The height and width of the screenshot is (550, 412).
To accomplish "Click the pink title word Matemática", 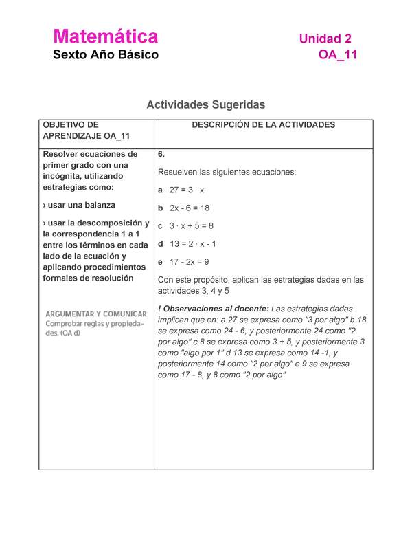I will coord(106,36).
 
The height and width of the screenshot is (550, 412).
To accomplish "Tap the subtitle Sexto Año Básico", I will coord(106,55).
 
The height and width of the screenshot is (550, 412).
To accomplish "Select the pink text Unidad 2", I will coord(325,39).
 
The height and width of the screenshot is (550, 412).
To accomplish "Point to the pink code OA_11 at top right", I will coord(337,56).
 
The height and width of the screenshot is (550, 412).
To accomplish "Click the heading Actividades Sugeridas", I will coord(205,104).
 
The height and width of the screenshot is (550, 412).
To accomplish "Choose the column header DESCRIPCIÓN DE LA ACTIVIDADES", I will coord(263,125).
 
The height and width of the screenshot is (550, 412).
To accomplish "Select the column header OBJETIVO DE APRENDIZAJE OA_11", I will coord(87,131).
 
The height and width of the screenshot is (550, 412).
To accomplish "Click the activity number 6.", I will coord(161,154).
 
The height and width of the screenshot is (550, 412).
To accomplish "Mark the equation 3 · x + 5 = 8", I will coord(191,225).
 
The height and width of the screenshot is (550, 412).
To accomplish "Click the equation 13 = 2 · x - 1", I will coord(192,243).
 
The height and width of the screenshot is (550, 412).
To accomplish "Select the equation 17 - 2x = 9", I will coord(189,262).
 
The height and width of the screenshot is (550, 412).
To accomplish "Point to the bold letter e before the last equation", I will coord(160,262).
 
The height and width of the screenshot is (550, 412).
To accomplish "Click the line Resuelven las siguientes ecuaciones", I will coord(227,172).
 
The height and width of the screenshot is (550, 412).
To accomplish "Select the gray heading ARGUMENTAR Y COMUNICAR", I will coord(96,313).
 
